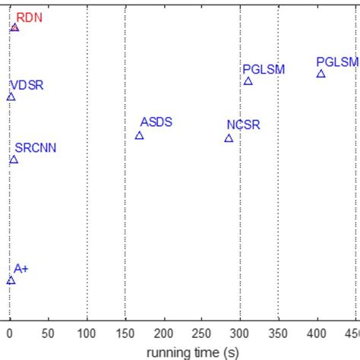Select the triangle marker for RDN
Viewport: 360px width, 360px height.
coord(14,27)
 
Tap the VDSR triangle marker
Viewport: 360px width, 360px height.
coord(11,96)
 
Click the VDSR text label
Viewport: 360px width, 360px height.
coord(27,85)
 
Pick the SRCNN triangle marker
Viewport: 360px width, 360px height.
coord(14,159)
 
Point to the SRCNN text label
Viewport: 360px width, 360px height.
coord(36,147)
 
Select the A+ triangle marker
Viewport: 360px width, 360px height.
coord(11,280)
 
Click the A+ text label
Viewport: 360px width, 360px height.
coord(21,269)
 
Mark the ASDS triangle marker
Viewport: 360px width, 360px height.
coord(139,135)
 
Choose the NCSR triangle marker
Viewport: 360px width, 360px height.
coord(229,138)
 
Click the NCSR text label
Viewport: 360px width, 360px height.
coord(243,125)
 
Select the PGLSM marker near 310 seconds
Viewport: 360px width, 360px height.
coord(248,81)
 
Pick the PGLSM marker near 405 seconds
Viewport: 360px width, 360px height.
coord(321,74)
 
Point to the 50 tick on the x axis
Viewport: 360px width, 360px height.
coord(49,333)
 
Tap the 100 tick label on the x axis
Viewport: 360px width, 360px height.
coord(87,333)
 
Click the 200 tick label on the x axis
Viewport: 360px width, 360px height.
coord(164,333)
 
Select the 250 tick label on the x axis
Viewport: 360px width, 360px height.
coord(202,333)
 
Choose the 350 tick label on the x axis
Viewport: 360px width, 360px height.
coord(279,333)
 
